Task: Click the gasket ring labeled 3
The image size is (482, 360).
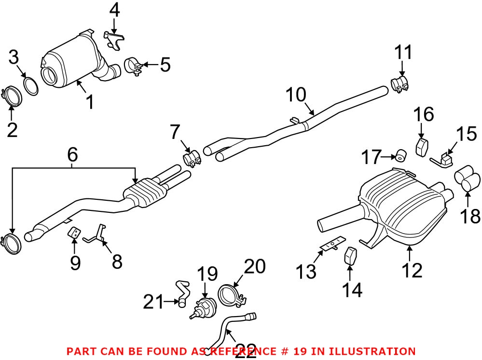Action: pos(31,86)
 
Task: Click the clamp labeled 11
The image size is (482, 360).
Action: pos(400,84)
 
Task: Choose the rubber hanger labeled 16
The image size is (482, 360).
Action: pos(423,146)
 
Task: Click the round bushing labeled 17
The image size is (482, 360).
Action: pos(400,155)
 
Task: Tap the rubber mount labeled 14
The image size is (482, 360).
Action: pos(350,256)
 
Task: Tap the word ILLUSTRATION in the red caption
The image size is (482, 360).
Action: pos(366,351)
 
